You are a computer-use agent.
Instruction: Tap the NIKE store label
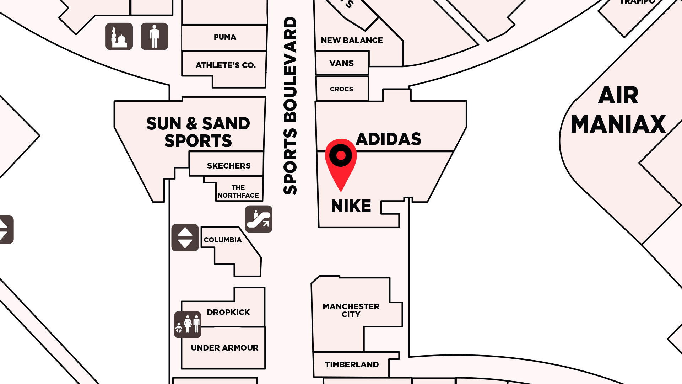(351, 206)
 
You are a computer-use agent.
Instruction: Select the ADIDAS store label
(388, 139)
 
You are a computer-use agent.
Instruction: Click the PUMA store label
(225, 37)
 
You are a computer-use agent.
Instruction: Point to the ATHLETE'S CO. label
(226, 65)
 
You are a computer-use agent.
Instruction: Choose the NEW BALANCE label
(352, 41)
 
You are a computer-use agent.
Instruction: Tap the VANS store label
(341, 63)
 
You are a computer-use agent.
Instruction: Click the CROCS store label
(341, 89)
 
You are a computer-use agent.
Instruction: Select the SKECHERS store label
(229, 166)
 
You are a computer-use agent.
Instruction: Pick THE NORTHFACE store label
(238, 192)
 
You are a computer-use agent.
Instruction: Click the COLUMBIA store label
(223, 240)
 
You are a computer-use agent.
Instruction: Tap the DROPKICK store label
(228, 312)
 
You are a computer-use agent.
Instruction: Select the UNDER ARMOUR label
(224, 348)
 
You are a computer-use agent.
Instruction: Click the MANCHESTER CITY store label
(351, 310)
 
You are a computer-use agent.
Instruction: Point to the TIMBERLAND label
(352, 364)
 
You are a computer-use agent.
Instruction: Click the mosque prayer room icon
(119, 37)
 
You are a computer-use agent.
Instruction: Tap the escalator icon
(259, 219)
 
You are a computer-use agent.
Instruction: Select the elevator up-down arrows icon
(185, 238)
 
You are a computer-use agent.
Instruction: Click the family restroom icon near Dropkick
(188, 325)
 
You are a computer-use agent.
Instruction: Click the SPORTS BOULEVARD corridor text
(290, 105)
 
